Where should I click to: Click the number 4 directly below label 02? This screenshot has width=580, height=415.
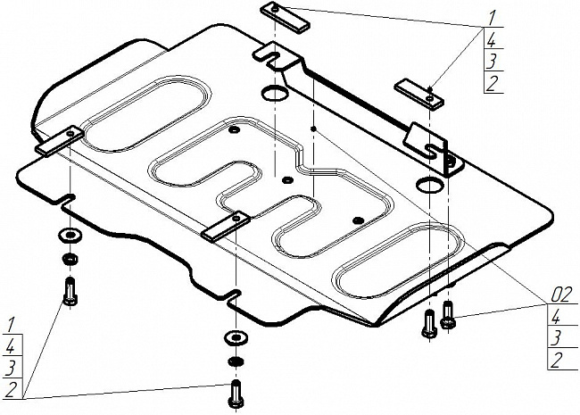pos(554,315)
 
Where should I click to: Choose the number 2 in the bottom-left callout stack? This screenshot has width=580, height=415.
pos(10,389)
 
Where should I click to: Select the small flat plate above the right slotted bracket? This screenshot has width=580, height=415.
pos(420,92)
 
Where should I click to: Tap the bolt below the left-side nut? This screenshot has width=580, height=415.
pos(70,290)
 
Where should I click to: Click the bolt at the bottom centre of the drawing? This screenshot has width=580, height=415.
pos(236,392)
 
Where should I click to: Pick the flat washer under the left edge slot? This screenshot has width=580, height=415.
pos(68,237)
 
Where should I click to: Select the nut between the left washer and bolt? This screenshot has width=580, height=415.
pos(69,260)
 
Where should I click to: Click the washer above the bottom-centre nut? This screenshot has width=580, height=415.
pos(235,337)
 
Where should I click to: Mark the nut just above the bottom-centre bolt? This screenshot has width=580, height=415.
pos(235,362)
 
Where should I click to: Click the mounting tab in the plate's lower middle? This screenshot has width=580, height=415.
pos(225,227)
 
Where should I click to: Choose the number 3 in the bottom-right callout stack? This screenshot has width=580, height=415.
pos(554,337)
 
